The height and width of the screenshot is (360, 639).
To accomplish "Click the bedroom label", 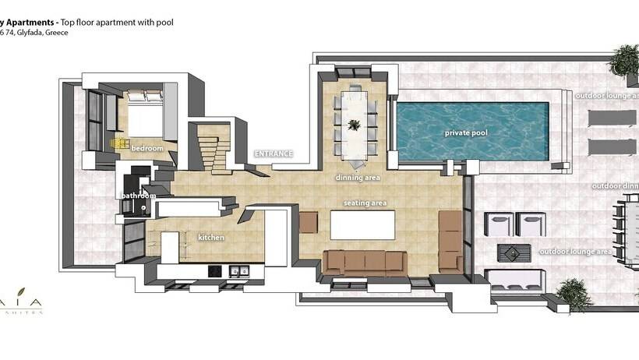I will [147, 148].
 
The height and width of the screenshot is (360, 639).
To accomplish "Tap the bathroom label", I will [136, 196].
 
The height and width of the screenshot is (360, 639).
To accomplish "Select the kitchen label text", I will [211, 237].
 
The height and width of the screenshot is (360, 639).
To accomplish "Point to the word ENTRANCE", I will [274, 154].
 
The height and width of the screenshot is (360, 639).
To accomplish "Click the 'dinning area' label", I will [358, 178].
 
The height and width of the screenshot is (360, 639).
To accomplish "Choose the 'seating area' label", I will [365, 203].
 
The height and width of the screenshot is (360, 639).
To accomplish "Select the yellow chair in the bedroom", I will [119, 143].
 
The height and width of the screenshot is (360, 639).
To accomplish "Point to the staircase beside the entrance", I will [211, 149].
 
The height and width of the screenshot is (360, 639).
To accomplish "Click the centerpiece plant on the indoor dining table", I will [355, 125].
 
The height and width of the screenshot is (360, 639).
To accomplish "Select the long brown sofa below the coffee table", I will [364, 263].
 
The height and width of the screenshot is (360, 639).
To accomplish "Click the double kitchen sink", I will [238, 271].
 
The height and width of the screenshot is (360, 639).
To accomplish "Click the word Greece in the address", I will [55, 34].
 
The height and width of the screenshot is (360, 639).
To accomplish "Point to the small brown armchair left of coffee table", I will [309, 222].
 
